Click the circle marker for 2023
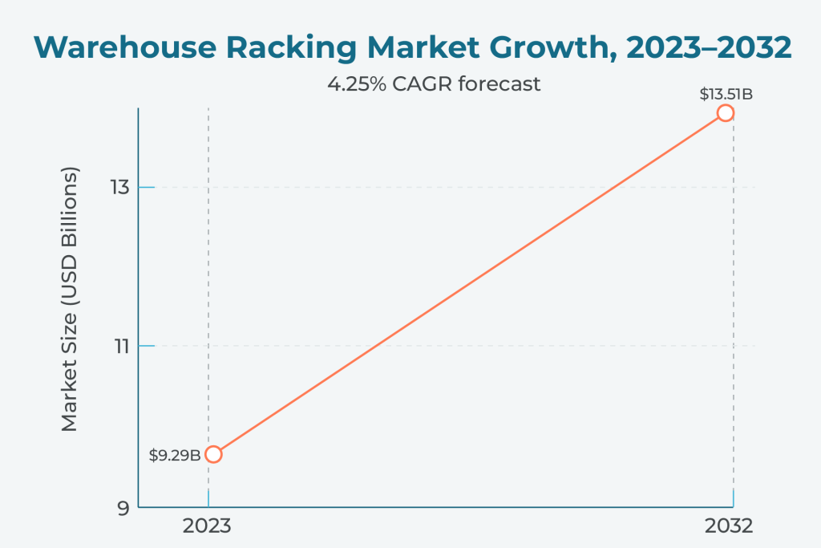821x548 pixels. [212, 454]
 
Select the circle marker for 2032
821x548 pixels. [726, 112]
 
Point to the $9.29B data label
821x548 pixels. [175, 456]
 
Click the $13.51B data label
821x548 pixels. [726, 94]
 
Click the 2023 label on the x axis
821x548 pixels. [208, 527]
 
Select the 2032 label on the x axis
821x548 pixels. [729, 527]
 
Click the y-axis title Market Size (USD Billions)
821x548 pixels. [71, 300]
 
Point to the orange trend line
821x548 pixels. [469, 283]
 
